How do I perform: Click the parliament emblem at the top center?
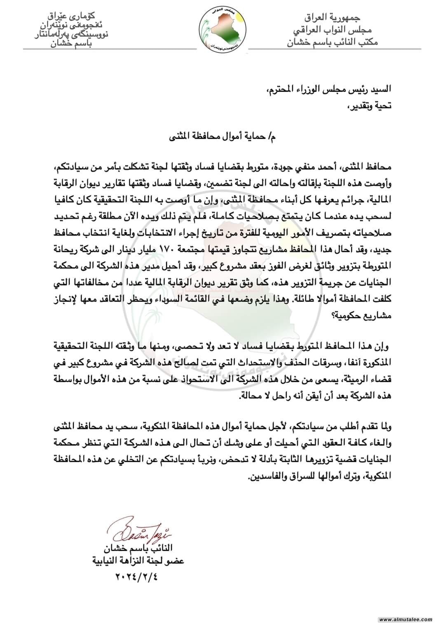pyautogui.click(x=222, y=28)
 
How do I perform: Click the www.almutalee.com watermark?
pyautogui.click(x=405, y=620)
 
